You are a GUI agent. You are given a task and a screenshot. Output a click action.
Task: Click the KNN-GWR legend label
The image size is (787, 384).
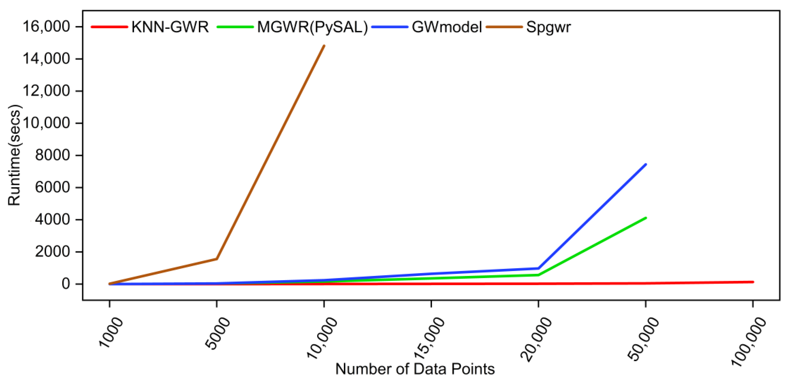pos(170,27)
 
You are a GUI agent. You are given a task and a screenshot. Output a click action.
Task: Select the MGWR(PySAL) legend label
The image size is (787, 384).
pos(312,27)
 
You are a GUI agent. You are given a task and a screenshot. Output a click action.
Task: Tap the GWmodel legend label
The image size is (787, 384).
pos(447,27)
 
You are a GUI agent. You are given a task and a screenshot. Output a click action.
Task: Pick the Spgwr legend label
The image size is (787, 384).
pos(548,27)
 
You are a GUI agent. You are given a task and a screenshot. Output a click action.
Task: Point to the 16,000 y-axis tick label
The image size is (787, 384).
pos(46,26)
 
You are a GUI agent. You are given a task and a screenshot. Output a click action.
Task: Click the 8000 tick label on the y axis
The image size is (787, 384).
pos(53,155)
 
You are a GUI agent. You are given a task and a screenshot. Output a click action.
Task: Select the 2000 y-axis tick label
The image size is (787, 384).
pos(53,252)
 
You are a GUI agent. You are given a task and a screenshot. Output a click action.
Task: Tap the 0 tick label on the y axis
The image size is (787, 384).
pos(66,284)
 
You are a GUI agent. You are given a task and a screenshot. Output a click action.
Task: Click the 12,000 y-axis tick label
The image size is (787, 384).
pos(46,91)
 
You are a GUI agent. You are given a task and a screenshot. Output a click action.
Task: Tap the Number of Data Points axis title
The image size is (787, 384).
pos(415,369)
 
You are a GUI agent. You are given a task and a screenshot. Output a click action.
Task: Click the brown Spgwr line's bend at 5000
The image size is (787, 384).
pos(217,259)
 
